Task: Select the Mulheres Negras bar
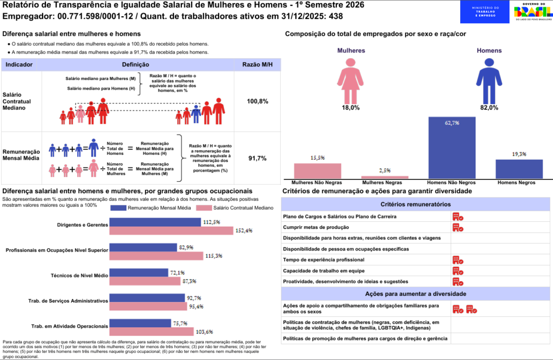(x=385, y=177)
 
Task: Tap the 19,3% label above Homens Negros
(x=519, y=154)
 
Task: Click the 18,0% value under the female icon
(x=350, y=108)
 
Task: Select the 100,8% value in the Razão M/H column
(x=258, y=101)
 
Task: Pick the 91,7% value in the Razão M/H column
(x=258, y=159)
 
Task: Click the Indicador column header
(x=19, y=65)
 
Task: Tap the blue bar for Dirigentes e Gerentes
(x=155, y=222)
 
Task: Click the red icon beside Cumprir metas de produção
(x=458, y=227)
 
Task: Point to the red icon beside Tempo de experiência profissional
(x=458, y=260)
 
